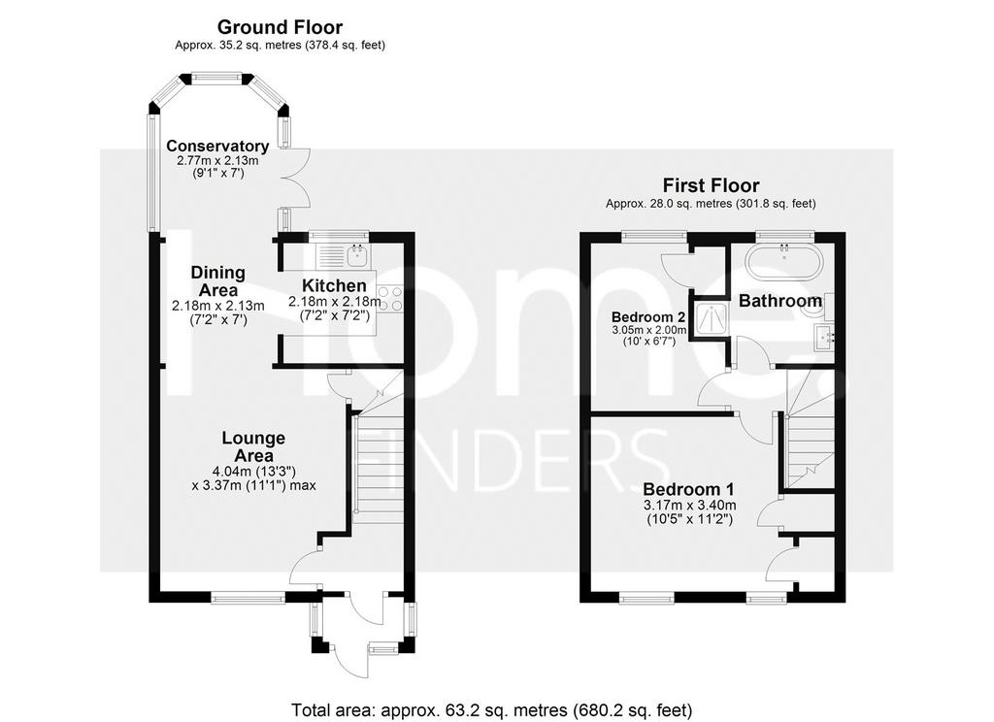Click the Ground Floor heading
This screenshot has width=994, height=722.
(x=280, y=27)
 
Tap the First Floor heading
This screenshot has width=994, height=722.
(x=711, y=185)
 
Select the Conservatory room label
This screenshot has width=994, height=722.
(x=217, y=146)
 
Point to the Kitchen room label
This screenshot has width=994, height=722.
(x=334, y=285)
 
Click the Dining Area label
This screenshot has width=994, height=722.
(x=218, y=280)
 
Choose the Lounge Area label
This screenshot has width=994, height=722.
(x=253, y=446)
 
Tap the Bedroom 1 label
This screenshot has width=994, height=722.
(x=688, y=489)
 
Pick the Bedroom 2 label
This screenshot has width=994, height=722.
(x=649, y=317)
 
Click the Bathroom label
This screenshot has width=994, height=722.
(x=780, y=301)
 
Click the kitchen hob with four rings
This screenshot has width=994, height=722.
(x=390, y=299)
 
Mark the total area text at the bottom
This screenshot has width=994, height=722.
(x=492, y=709)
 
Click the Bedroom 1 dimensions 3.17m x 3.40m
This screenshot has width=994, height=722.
(x=690, y=506)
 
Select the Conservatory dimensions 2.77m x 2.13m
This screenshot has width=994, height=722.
(x=218, y=160)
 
